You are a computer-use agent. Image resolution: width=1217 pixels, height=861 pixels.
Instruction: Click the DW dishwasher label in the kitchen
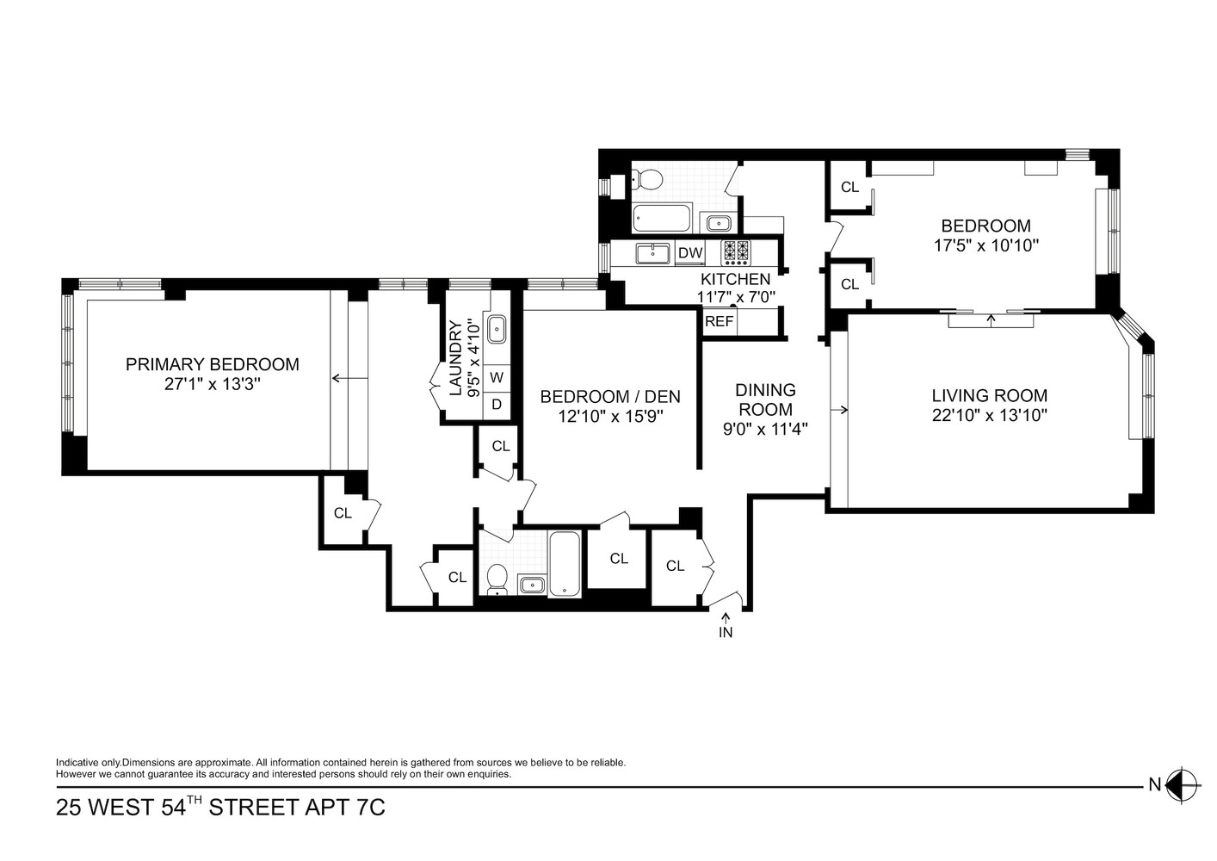(x=690, y=253)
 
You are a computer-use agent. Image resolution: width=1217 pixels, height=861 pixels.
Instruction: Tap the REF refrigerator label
(x=719, y=322)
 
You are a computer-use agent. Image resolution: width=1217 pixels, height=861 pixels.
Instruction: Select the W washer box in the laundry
(x=497, y=377)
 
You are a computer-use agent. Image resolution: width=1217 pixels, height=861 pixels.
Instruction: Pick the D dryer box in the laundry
(x=497, y=404)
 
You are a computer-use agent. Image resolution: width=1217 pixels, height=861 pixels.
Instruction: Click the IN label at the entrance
(x=725, y=632)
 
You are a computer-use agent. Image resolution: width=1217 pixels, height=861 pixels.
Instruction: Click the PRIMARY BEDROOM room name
(x=213, y=364)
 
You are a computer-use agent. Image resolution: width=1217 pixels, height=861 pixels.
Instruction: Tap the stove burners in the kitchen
(x=736, y=251)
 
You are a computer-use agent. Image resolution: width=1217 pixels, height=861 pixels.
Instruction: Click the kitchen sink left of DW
(x=653, y=253)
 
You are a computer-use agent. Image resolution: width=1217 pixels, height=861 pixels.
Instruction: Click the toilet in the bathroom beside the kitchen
(x=646, y=180)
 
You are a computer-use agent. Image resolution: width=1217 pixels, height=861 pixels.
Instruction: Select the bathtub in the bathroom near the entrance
(x=565, y=564)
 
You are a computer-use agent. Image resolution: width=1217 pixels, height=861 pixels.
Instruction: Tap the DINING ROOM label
(x=766, y=400)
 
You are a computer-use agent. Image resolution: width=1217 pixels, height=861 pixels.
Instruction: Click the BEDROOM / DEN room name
(x=609, y=397)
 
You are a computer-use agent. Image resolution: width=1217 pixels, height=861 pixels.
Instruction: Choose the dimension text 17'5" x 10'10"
(x=985, y=245)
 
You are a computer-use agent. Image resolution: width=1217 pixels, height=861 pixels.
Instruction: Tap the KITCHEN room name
(x=735, y=279)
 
